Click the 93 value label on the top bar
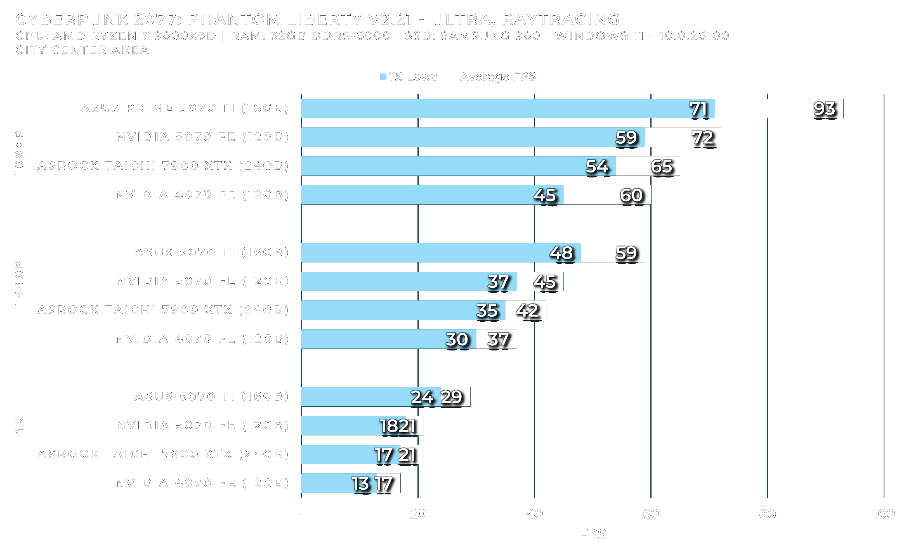(824, 109)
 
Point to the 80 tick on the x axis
(767, 514)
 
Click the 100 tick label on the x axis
(883, 514)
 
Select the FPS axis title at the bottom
(592, 534)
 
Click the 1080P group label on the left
(19, 153)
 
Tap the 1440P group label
(19, 283)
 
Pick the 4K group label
(19, 426)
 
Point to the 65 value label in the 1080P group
(661, 167)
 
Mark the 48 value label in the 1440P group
(561, 253)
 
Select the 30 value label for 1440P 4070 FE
(457, 340)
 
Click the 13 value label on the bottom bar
(360, 484)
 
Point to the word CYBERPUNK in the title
(72, 19)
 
